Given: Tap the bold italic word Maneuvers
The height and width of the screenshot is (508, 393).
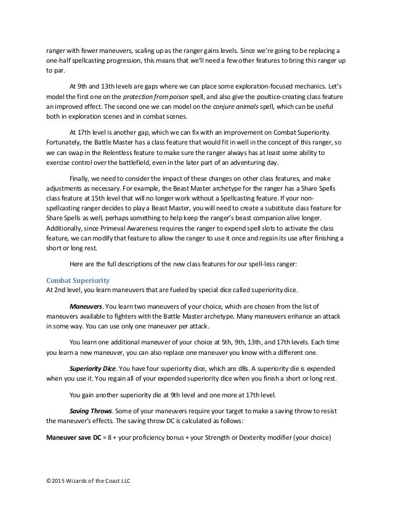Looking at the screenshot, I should pos(86,307).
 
